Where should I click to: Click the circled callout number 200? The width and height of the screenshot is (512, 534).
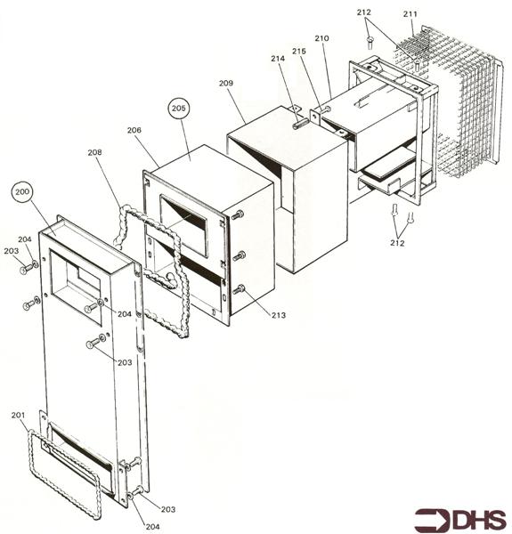tap(22, 191)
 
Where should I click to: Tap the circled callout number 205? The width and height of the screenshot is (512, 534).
tap(179, 108)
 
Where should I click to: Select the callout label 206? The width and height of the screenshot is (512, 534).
tap(134, 130)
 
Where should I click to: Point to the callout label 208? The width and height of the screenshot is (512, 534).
tap(94, 152)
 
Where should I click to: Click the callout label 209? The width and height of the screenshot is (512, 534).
tap(226, 83)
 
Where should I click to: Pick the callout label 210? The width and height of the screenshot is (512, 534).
tap(321, 37)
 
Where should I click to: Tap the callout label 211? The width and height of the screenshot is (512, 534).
tap(410, 14)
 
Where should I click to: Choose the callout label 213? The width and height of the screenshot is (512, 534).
tap(279, 315)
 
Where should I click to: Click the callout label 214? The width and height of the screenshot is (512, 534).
tap(278, 59)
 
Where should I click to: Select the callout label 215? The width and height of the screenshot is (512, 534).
tap(299, 51)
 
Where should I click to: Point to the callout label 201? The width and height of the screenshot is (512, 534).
tap(18, 415)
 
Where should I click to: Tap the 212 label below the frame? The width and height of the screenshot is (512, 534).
tap(397, 243)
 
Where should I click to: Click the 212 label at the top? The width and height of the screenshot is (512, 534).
tap(364, 12)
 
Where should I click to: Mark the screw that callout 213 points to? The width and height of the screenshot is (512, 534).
tap(240, 289)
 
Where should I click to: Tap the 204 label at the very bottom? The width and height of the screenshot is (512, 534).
tap(152, 527)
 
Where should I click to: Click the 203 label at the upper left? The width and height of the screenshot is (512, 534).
tap(12, 251)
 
